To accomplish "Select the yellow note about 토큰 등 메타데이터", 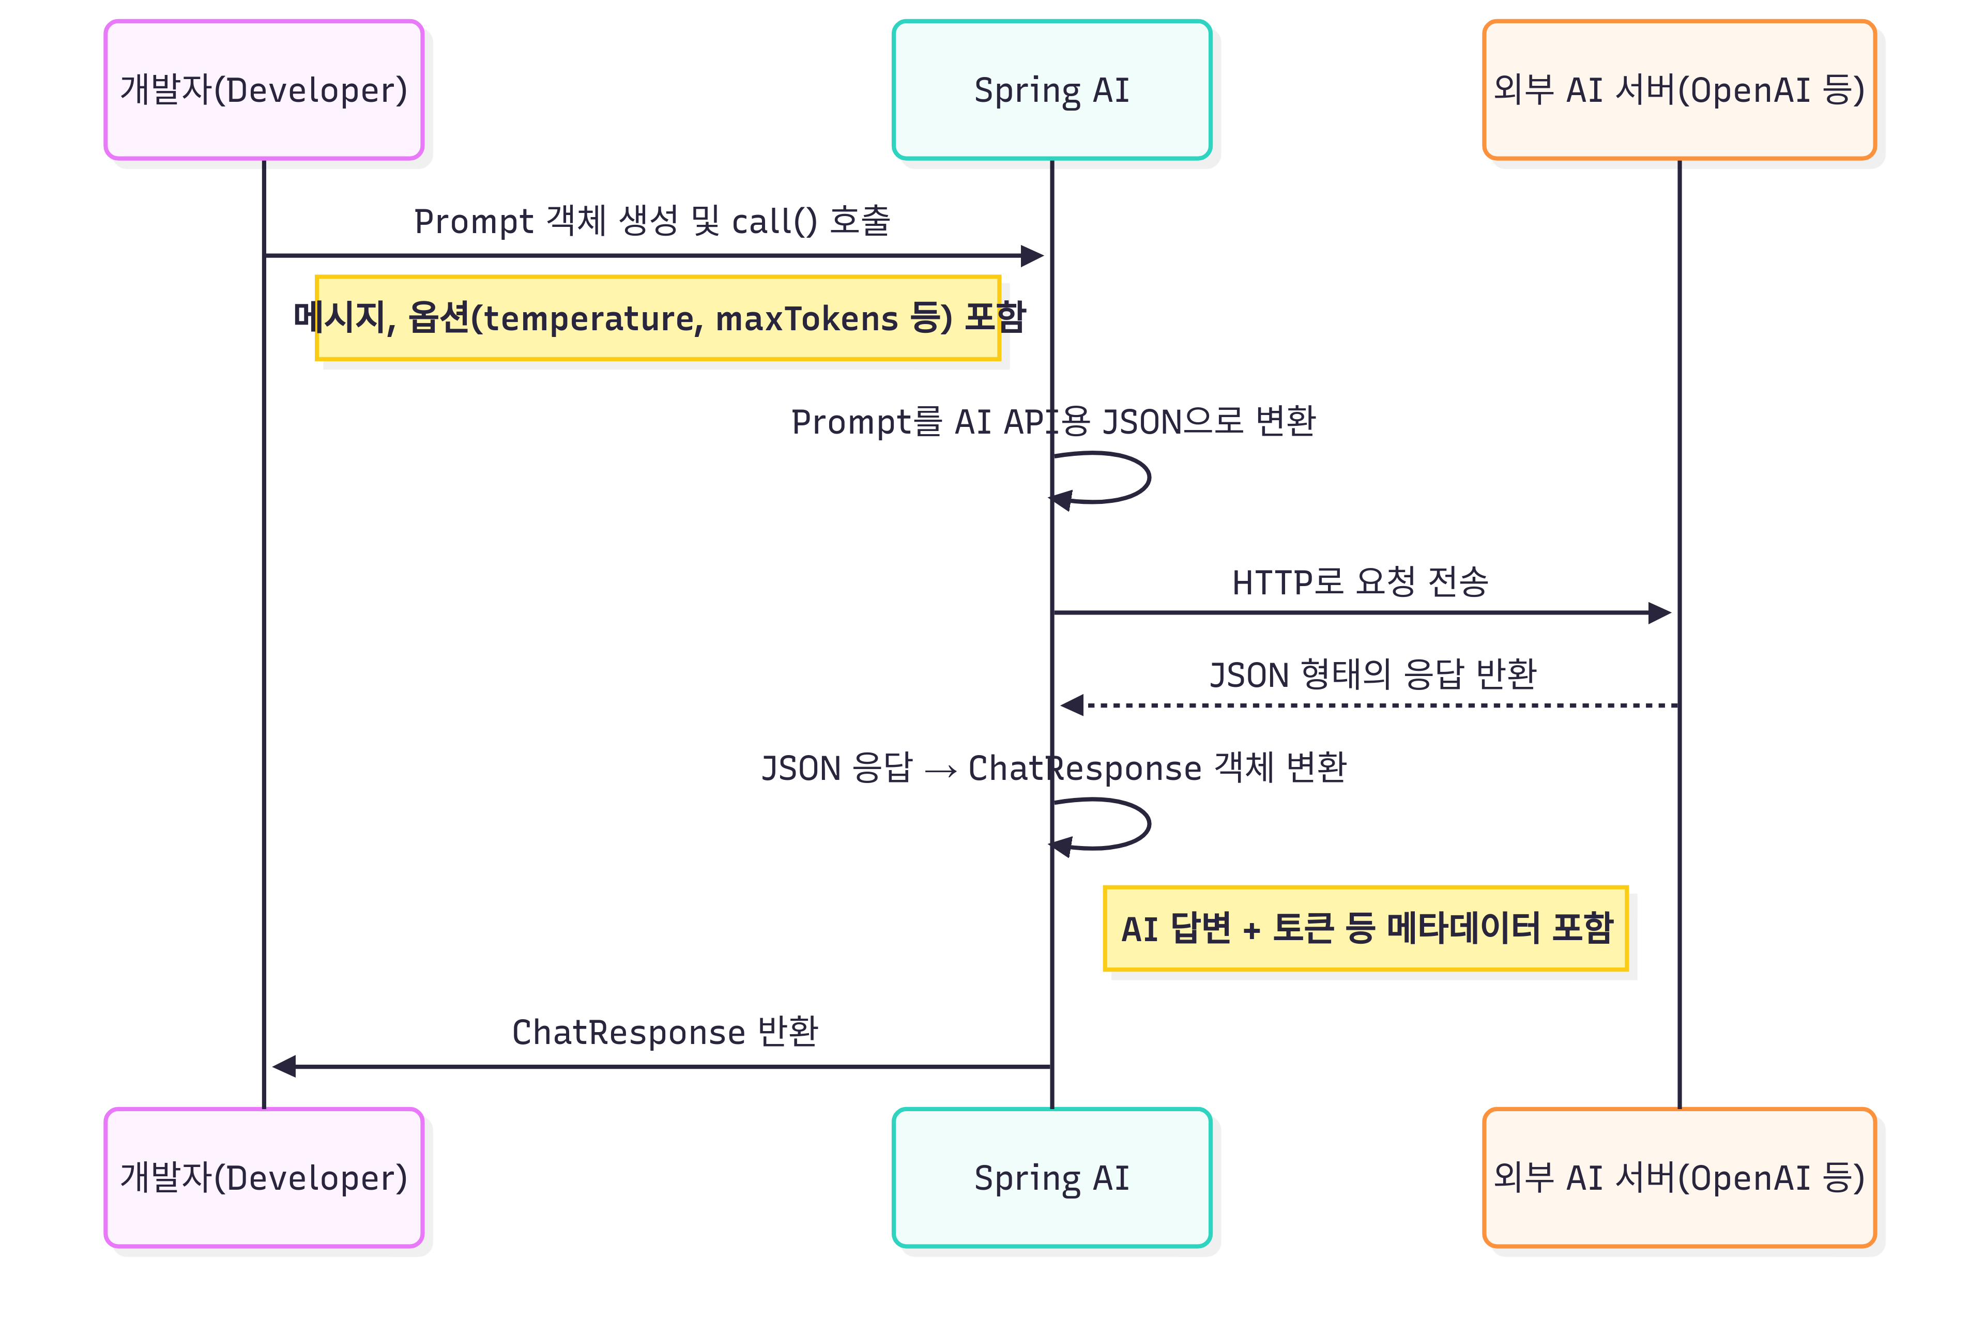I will pyautogui.click(x=1365, y=928).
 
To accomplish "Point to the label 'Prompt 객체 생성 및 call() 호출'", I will pyautogui.click(x=652, y=221).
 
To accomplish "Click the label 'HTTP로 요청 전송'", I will pyautogui.click(x=1360, y=582).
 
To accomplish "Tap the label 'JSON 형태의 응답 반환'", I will pyautogui.click(x=1372, y=674).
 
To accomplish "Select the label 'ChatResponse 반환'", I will pyautogui.click(x=665, y=1032).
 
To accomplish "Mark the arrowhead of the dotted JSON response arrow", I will pyautogui.click(x=1072, y=705).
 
